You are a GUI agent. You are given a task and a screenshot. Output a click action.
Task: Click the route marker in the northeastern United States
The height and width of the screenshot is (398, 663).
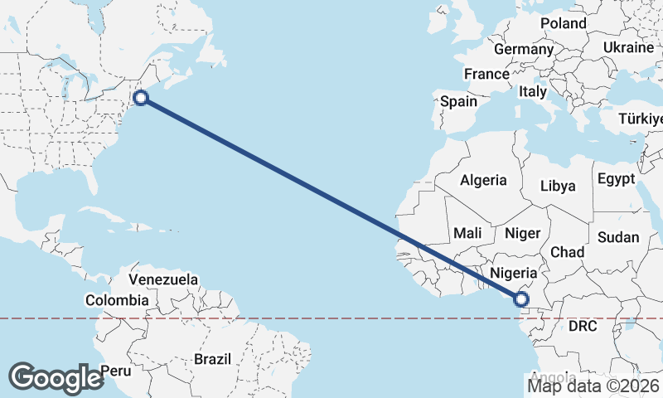tap(141, 98)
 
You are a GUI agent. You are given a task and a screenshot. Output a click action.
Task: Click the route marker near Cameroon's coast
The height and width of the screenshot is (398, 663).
tap(521, 299)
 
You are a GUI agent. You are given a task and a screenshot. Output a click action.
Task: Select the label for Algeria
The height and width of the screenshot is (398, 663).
tap(483, 180)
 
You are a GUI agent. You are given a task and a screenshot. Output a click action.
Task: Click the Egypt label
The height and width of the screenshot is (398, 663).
tap(616, 179)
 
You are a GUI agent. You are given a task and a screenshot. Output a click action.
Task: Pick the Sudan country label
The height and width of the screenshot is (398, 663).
tap(618, 238)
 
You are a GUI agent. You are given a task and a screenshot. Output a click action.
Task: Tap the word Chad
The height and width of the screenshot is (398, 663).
tap(567, 252)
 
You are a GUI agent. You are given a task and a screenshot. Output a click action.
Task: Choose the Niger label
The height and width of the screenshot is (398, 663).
tap(522, 234)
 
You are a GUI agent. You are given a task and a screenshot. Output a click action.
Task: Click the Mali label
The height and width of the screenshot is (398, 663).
tap(467, 234)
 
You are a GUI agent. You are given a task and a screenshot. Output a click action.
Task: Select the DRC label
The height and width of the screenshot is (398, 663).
tap(583, 327)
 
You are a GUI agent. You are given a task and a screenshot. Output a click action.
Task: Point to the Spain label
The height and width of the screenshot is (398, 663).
tap(459, 101)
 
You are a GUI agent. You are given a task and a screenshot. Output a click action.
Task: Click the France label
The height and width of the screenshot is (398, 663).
tap(486, 75)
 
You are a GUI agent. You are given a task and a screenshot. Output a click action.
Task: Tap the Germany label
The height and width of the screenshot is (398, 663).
tap(523, 50)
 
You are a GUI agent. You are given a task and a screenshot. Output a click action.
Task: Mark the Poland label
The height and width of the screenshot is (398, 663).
tap(564, 23)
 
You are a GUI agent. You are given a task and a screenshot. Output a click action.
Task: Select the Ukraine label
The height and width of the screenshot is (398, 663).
tap(628, 47)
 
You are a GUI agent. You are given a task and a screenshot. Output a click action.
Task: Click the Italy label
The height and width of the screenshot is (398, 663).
tap(533, 93)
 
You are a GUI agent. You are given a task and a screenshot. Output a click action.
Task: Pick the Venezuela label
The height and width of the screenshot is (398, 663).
tap(163, 279)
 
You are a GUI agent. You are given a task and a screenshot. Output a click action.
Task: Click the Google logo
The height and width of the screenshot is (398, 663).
tap(56, 377)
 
